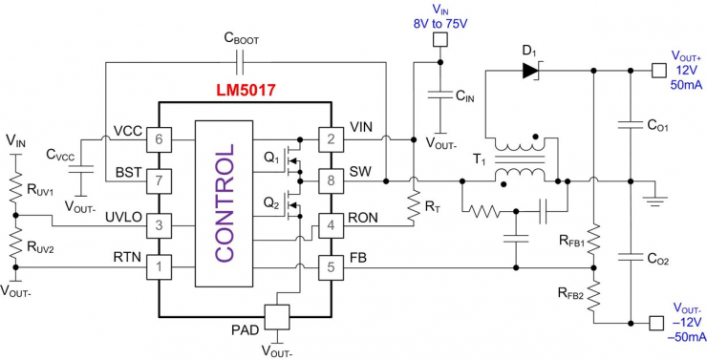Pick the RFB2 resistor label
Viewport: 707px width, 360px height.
(569, 293)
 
